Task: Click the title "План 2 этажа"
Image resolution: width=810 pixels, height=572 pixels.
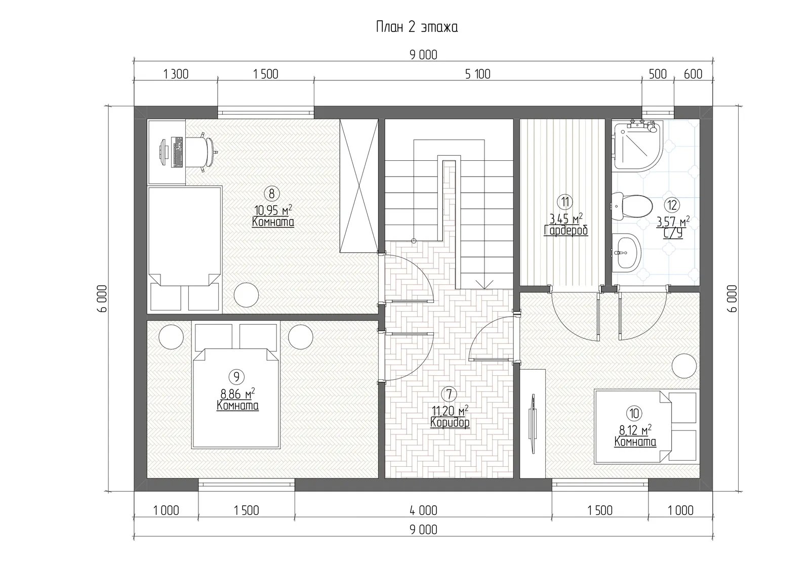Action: pos(417,27)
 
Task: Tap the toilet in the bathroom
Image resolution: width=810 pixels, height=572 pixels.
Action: pos(632,206)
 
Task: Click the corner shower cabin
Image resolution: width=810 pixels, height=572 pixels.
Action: pos(638,146)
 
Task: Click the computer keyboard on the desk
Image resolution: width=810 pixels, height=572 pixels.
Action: pos(178,152)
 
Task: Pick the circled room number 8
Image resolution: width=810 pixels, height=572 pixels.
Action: pos(271,194)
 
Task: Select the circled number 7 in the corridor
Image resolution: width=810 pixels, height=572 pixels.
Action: pos(449,394)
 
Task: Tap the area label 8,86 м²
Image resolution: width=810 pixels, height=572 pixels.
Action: pos(237,393)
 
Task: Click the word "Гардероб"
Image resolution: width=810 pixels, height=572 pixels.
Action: pos(566,231)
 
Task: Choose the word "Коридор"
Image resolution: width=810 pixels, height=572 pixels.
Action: pos(450,422)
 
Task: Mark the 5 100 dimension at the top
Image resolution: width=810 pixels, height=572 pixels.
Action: pos(478,74)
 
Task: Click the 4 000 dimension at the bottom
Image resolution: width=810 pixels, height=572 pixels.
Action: pos(423,511)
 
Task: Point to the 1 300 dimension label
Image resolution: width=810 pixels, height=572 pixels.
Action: pos(176,74)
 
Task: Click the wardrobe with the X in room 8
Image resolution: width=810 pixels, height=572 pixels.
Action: pos(359,186)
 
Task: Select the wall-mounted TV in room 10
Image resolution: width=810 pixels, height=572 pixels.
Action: pos(533,423)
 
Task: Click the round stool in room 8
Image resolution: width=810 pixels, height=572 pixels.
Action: pos(246,295)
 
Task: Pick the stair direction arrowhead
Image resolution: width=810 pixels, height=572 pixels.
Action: pos(484,284)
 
